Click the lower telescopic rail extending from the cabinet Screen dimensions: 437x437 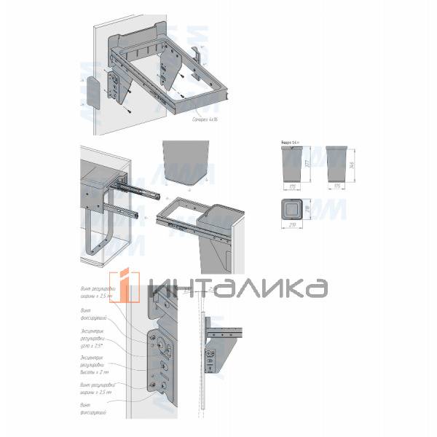point(125,212)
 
